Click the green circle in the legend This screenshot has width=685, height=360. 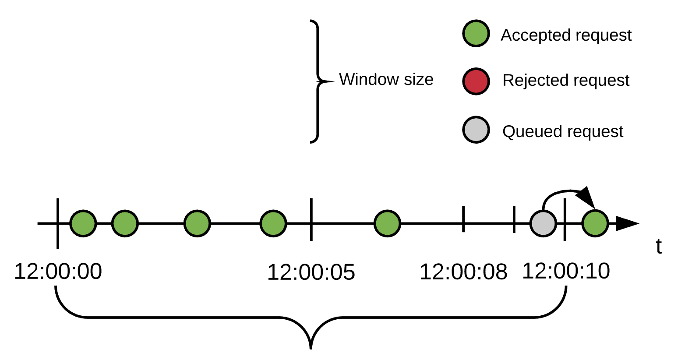point(476,33)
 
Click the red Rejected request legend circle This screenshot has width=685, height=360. point(476,81)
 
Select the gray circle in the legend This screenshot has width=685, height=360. point(476,130)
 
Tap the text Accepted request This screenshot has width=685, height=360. point(566,35)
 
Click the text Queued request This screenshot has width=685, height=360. point(562,131)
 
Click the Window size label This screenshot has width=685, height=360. point(386,79)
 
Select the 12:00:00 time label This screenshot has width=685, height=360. point(58,271)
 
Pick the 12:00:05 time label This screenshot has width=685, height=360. point(311,272)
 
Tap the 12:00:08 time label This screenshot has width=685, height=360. point(463,272)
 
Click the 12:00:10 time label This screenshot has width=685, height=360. point(566,271)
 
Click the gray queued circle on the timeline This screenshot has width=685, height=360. point(543,223)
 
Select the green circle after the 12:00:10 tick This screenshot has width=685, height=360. point(595,223)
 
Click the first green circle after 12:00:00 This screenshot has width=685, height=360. point(83,223)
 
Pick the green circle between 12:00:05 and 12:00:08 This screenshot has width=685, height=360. point(387,223)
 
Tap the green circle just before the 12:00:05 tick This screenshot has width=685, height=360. point(273,223)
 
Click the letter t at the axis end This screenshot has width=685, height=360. point(658,247)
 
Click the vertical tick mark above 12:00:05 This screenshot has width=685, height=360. point(311,219)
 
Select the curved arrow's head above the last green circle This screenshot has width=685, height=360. point(586,197)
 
